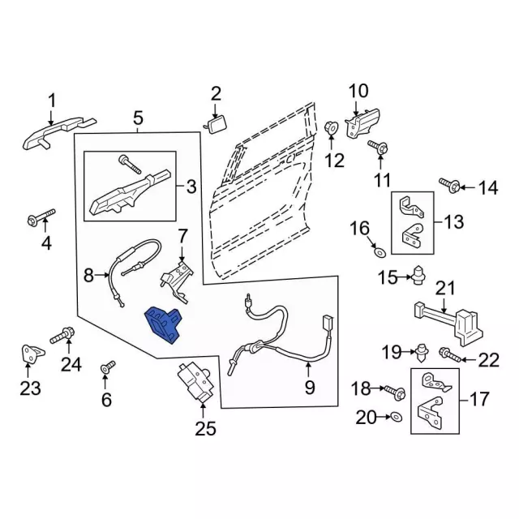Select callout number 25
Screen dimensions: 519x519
(206, 429)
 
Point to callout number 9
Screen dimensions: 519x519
(309, 388)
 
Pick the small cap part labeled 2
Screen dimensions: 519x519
(217, 123)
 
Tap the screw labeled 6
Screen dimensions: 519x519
(105, 369)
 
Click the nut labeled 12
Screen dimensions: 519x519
(332, 128)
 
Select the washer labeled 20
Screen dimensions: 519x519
(395, 417)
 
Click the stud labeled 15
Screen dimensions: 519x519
(418, 277)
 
